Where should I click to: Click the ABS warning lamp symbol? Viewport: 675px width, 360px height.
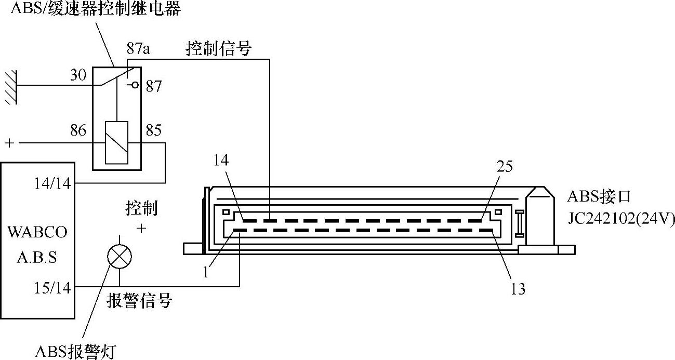(120, 257)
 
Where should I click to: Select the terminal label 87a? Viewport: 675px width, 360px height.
(138, 48)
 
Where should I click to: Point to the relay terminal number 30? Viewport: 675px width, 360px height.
(78, 75)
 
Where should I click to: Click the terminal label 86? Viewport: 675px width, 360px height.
(78, 130)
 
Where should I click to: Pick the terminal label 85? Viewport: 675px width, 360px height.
(154, 130)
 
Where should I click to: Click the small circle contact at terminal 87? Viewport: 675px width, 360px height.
(135, 85)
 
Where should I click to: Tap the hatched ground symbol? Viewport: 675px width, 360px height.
(11, 87)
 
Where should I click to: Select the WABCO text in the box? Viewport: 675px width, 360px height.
(37, 232)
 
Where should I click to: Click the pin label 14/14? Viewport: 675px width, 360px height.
(52, 183)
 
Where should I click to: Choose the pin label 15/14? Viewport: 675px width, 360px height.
(52, 288)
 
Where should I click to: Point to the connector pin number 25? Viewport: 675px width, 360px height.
(505, 166)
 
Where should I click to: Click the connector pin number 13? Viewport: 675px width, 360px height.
(518, 289)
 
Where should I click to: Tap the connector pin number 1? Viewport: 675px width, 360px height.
(206, 272)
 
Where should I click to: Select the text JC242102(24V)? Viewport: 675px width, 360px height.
(621, 218)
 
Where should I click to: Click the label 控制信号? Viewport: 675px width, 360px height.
(218, 48)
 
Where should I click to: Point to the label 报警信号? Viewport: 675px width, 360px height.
(139, 300)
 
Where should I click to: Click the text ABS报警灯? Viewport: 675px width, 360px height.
(76, 351)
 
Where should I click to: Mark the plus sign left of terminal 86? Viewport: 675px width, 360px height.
(10, 143)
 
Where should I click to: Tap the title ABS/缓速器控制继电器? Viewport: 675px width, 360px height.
(96, 8)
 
